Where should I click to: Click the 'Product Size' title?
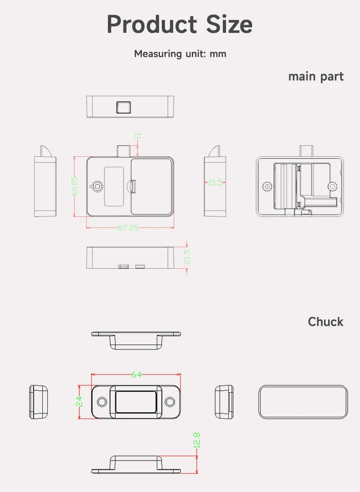[180, 24]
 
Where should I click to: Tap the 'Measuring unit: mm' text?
[180, 54]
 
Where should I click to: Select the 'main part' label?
[316, 77]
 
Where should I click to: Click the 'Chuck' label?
[325, 322]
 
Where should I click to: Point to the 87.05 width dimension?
[128, 227]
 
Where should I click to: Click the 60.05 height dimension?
[75, 186]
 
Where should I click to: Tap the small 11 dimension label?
[138, 136]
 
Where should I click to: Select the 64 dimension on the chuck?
[136, 374]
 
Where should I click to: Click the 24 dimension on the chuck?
[79, 401]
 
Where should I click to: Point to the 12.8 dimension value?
[196, 441]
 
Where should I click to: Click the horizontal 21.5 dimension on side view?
[215, 182]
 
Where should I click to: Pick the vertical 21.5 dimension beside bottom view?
[186, 257]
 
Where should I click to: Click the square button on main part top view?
[123, 107]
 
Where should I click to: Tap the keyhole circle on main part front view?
[97, 186]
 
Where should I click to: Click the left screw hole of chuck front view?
[103, 401]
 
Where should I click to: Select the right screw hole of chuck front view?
[170, 401]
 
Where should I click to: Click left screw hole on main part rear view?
[267, 186]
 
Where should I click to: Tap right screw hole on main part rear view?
[333, 186]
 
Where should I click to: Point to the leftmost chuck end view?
[39, 401]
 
